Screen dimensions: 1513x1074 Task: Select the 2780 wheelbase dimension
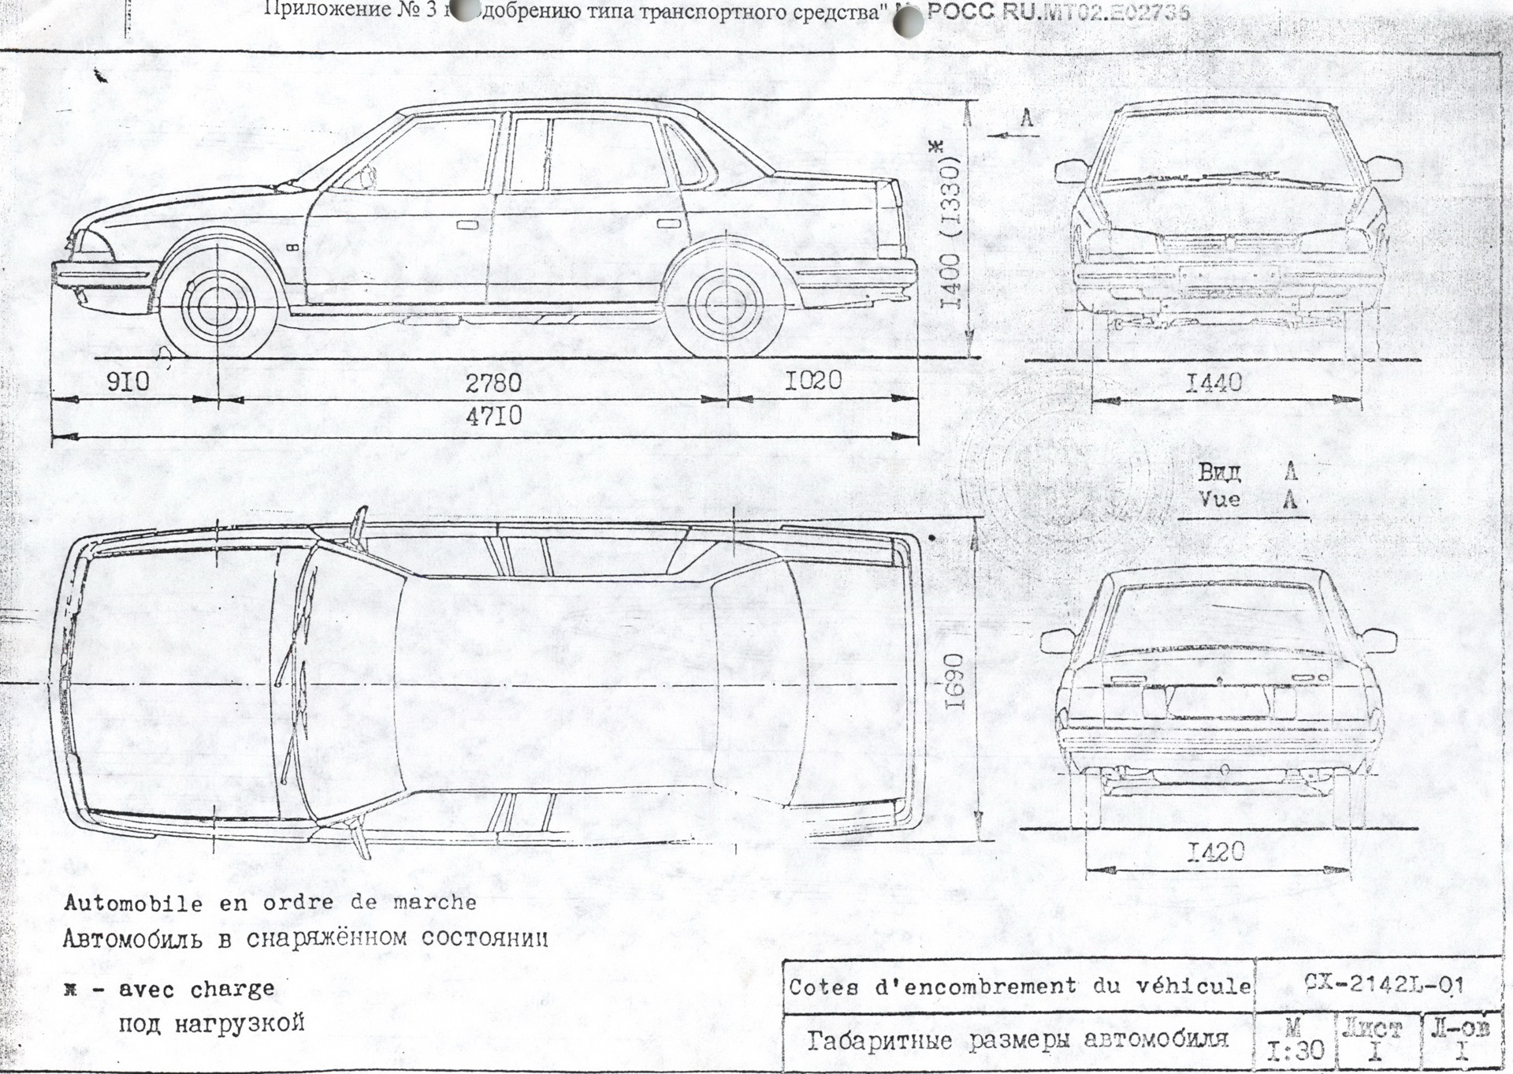coord(493,382)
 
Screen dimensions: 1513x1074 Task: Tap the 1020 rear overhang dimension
coord(813,380)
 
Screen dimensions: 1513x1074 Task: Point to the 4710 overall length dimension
coord(493,416)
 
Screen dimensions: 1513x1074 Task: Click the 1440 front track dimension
coord(1214,383)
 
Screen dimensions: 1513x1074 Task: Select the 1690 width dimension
coord(954,680)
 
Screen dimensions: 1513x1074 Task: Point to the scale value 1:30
coord(1295,1050)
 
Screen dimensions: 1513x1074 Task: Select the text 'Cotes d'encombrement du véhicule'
coord(1019,986)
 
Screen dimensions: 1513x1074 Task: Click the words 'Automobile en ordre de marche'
coord(270,903)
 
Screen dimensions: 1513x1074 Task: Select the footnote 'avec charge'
coord(197,989)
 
